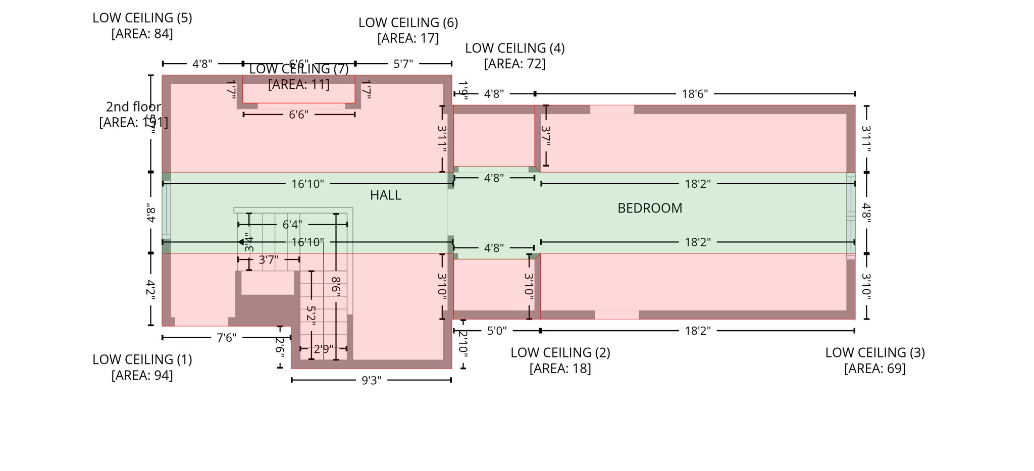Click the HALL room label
pos(385,195)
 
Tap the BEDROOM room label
pos(649,208)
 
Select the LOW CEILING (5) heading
pos(142,18)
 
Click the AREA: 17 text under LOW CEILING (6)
pos(408,38)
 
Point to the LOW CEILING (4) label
pos(514,48)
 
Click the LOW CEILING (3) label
pos(874,352)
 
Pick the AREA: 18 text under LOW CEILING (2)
pos(560,369)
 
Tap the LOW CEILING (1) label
pos(142,359)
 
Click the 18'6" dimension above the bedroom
pos(695,94)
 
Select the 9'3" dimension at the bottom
pos(371,380)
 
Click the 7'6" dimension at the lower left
pos(226,337)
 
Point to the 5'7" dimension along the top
pos(403,64)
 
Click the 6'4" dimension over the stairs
pos(292,224)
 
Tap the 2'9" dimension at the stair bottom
pos(323,349)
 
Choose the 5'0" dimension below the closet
pos(496,331)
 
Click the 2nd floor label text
pos(133,107)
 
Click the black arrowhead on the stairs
pos(241,242)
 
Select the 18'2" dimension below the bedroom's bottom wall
pos(697,331)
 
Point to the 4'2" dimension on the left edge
pos(150,289)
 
